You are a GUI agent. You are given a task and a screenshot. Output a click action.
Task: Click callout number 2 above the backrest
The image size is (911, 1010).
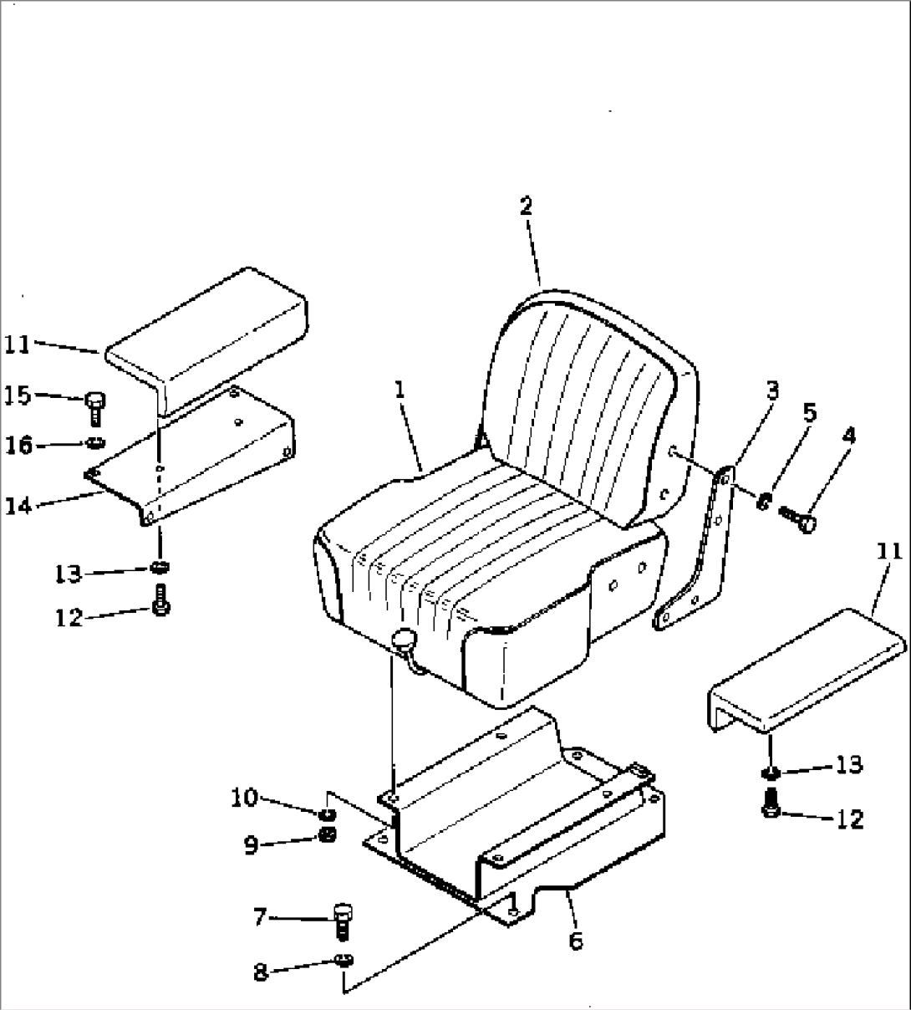pyautogui.click(x=526, y=206)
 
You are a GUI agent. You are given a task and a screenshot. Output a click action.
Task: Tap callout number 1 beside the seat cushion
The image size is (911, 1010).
pyautogui.click(x=400, y=390)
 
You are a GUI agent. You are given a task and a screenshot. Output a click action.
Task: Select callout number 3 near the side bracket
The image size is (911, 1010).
pyautogui.click(x=772, y=390)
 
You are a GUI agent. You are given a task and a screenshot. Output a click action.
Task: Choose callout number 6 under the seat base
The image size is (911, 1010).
pyautogui.click(x=577, y=940)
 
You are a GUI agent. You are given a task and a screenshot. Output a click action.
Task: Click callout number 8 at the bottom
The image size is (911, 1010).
pyautogui.click(x=260, y=972)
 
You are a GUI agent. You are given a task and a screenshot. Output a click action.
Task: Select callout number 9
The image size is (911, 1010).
pyautogui.click(x=252, y=845)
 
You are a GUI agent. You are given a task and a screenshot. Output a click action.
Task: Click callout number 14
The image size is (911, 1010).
pyautogui.click(x=19, y=506)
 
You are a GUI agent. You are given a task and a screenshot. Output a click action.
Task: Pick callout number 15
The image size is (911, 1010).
pyautogui.click(x=18, y=395)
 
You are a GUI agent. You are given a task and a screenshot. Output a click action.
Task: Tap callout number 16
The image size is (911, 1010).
pyautogui.click(x=18, y=446)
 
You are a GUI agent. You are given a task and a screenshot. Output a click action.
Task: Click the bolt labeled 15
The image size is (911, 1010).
pyautogui.click(x=94, y=408)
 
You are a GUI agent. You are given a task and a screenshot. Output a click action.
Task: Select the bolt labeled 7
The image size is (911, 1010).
pyautogui.click(x=343, y=921)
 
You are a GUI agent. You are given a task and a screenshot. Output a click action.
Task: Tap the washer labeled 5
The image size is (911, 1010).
pyautogui.click(x=763, y=502)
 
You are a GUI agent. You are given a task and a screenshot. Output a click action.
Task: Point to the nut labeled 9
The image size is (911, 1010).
pyautogui.click(x=327, y=836)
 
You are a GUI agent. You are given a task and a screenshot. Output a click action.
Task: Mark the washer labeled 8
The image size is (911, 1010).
pyautogui.click(x=344, y=960)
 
